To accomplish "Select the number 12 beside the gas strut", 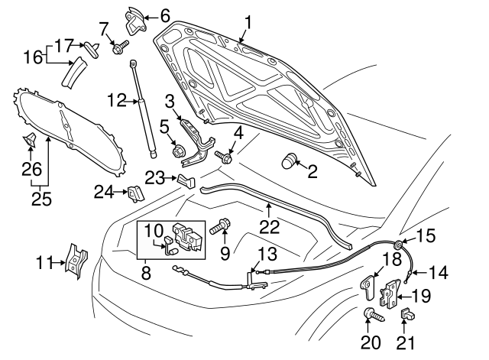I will click(x=117, y=99).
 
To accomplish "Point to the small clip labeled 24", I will click(x=134, y=193).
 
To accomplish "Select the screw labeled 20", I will click(x=371, y=313).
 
